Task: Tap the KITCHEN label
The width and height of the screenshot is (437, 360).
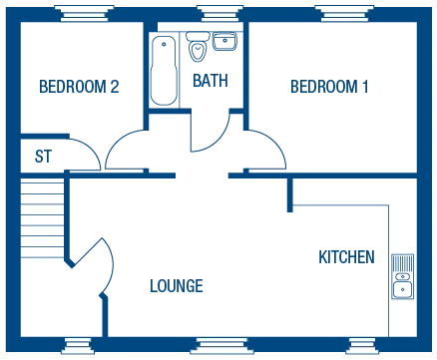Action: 346,256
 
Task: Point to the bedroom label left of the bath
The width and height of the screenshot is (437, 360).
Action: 79,88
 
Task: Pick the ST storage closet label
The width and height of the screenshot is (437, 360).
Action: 43,155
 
